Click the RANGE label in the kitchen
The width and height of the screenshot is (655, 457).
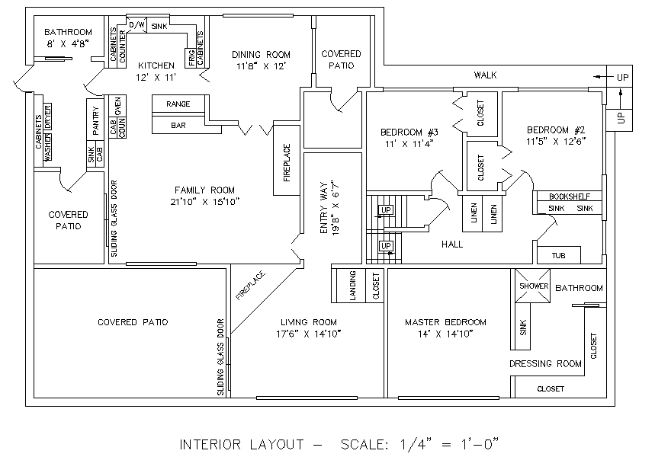click(178, 104)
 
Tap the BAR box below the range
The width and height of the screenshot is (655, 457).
click(186, 125)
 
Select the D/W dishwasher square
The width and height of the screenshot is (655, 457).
click(136, 25)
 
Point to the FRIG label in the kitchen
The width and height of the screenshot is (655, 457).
click(191, 58)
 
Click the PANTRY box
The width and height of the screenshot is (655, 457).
click(95, 120)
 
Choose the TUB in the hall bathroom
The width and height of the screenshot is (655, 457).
click(558, 255)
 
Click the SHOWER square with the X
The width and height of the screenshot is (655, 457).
click(532, 286)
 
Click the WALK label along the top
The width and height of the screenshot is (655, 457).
click(485, 75)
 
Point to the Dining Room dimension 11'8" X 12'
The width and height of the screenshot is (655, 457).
click(261, 66)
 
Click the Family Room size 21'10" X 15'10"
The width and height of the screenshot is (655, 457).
click(204, 202)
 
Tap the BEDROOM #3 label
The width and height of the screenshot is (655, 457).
click(409, 133)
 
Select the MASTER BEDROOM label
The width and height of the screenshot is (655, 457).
click(445, 322)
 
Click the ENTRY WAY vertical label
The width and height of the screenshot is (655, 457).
click(324, 208)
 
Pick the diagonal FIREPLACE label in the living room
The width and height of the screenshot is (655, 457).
click(250, 286)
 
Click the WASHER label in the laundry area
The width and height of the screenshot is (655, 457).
click(47, 147)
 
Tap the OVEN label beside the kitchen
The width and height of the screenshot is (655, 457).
click(117, 106)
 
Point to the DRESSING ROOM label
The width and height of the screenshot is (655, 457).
click(545, 363)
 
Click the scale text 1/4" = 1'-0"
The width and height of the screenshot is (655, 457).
click(449, 444)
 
